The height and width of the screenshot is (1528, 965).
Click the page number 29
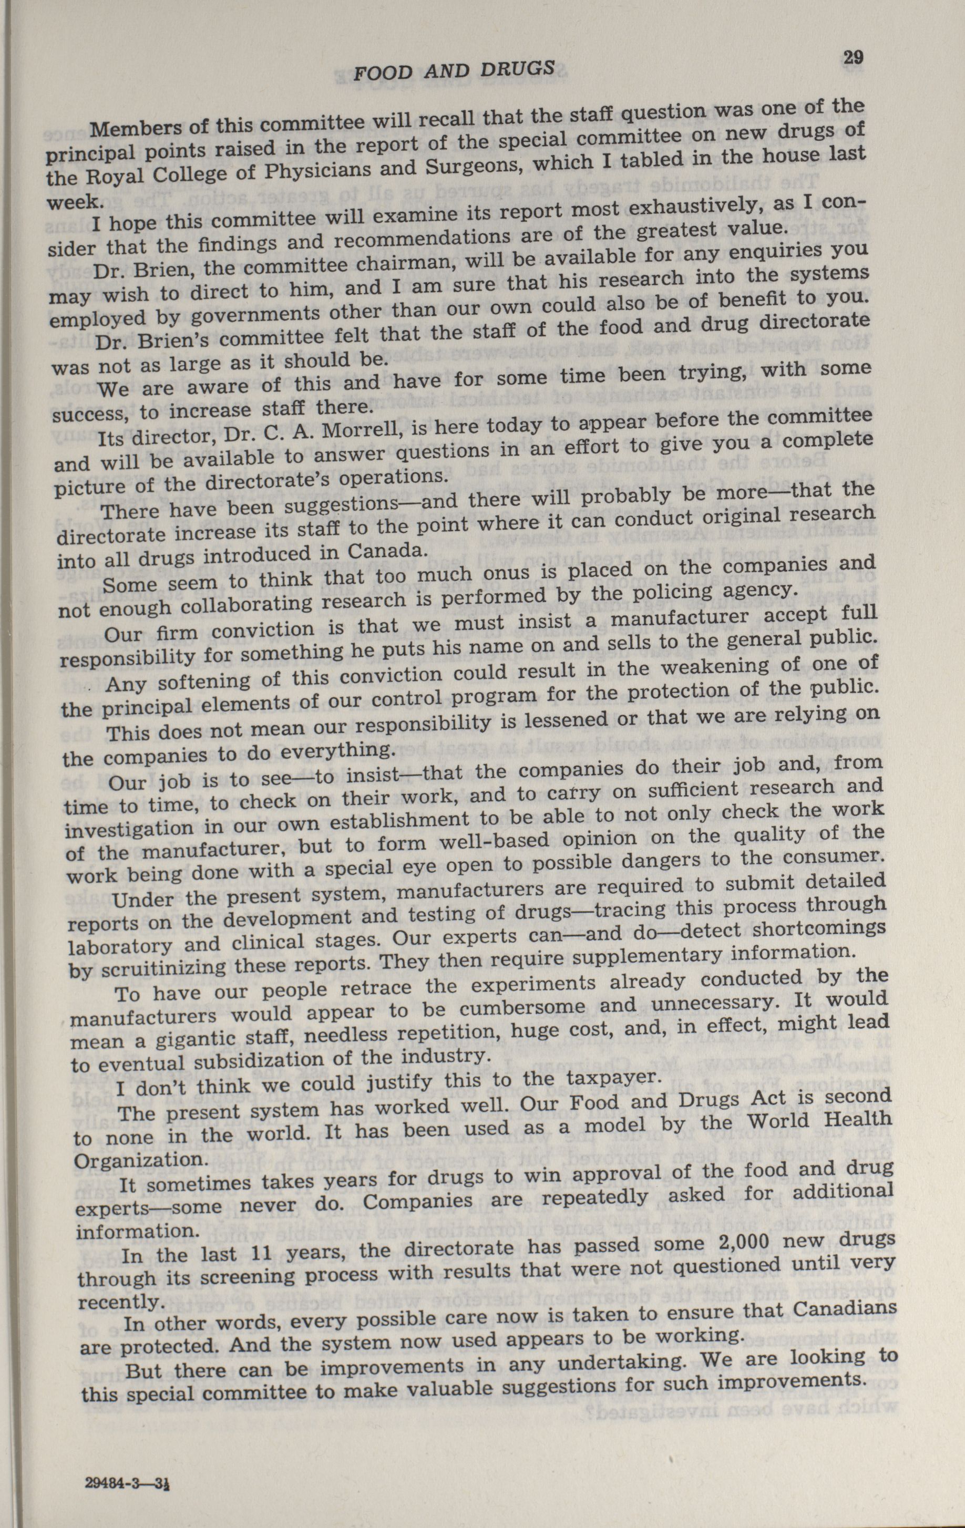coord(853,58)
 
